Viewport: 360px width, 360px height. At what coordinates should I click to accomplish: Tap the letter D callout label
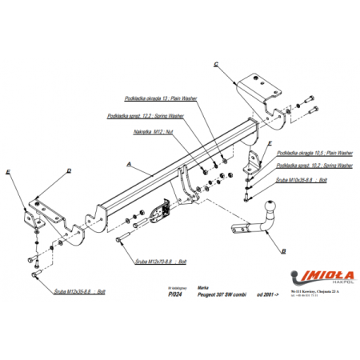(69, 170)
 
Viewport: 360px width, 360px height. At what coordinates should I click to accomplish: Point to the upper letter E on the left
(7, 172)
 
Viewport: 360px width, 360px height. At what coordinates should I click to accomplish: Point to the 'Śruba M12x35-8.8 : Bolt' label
(79, 292)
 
